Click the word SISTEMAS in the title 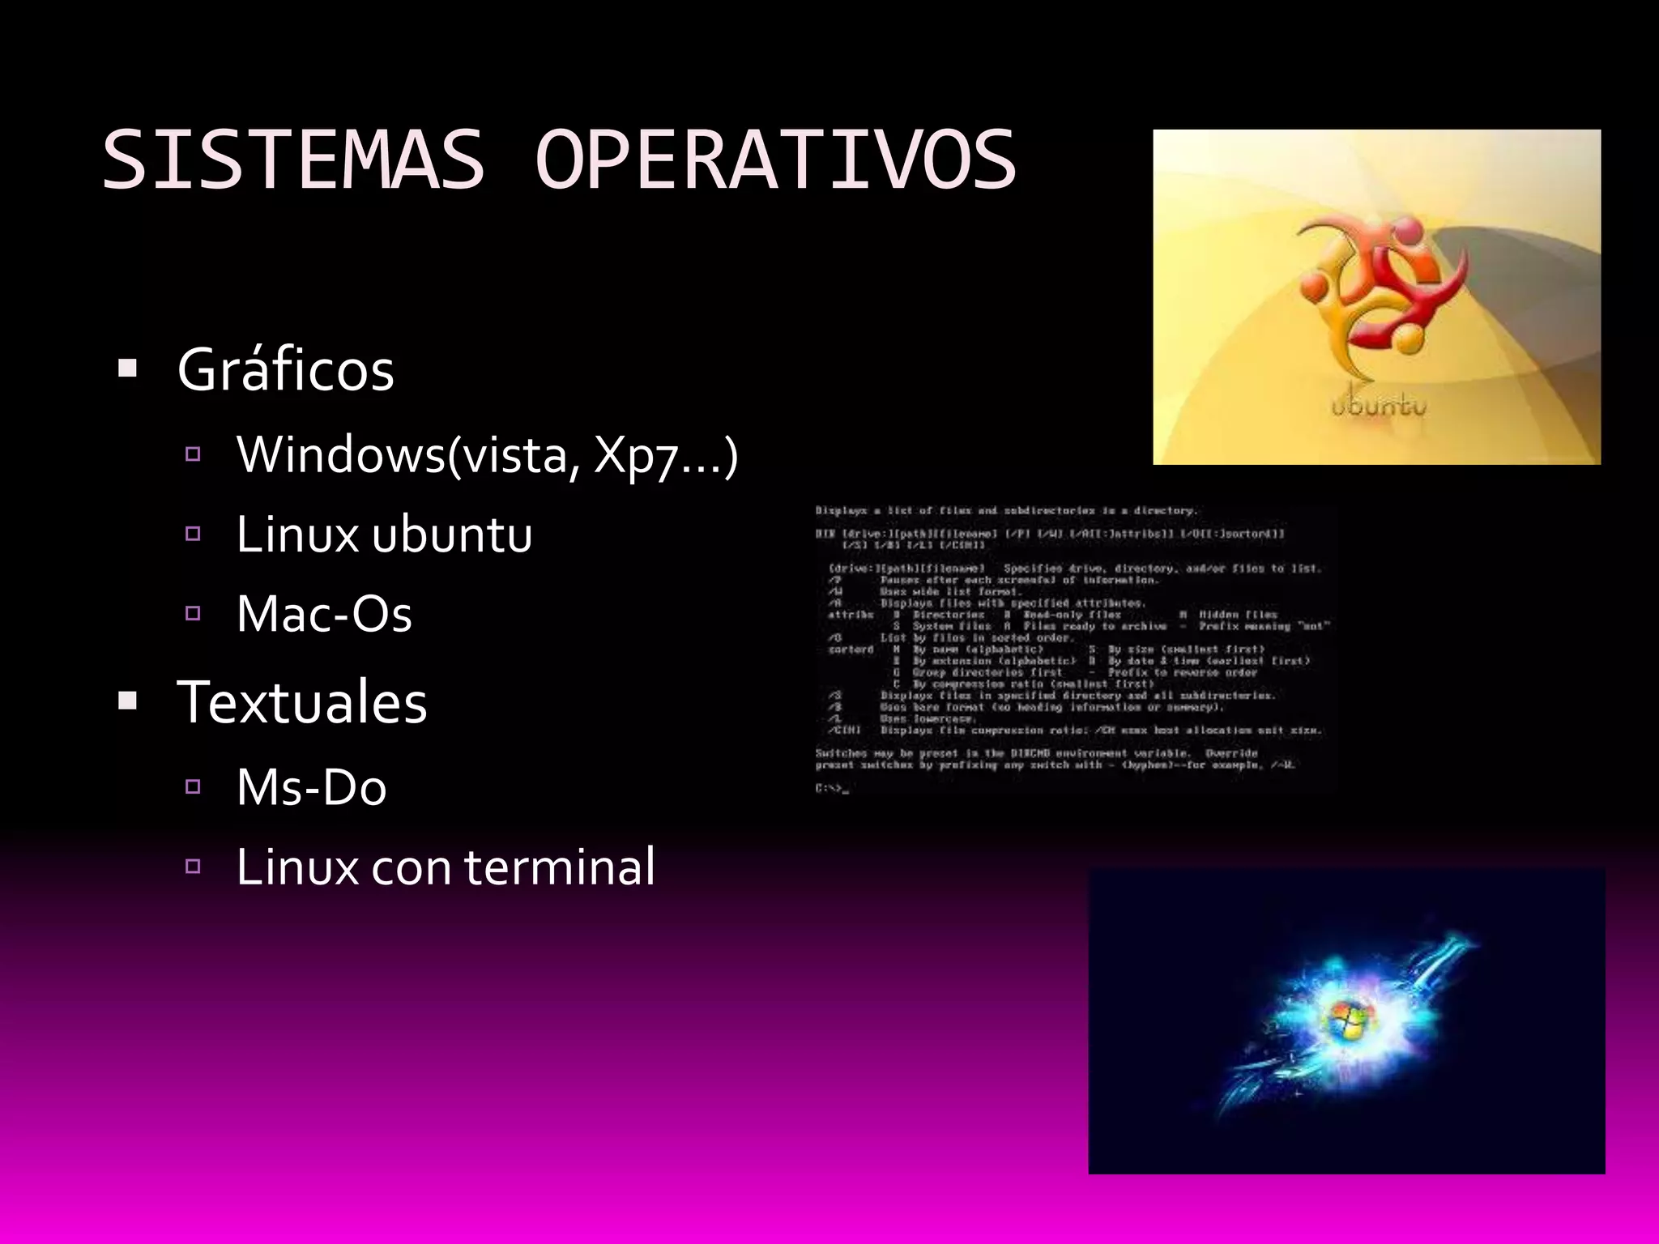coord(293,160)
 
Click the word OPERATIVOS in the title coord(775,160)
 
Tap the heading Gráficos coord(286,370)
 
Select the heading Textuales coord(301,701)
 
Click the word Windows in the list coord(341,454)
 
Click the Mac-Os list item coord(324,613)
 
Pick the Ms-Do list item coord(311,787)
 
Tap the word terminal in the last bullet coord(559,867)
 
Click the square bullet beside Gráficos coord(127,369)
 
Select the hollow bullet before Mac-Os coord(193,613)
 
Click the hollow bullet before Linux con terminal coord(193,867)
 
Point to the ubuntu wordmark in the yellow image coord(1378,405)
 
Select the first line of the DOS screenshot coord(1005,511)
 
